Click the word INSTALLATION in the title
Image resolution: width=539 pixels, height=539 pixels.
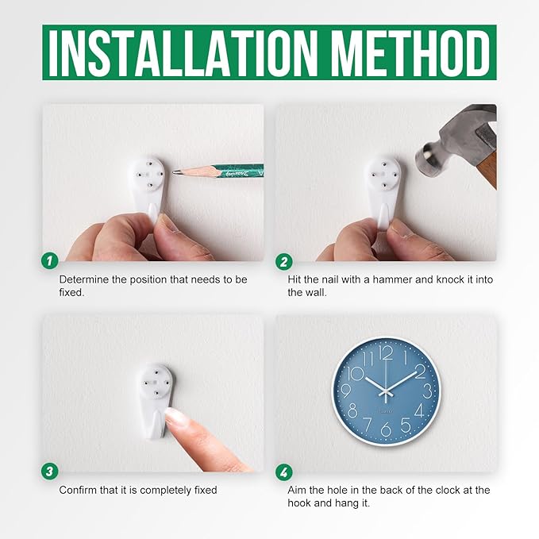pyautogui.click(x=183, y=53)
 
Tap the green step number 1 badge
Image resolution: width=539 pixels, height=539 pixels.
pyautogui.click(x=50, y=261)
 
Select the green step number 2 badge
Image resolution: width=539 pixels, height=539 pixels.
pyautogui.click(x=284, y=262)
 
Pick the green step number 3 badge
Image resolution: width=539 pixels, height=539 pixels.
pyautogui.click(x=50, y=471)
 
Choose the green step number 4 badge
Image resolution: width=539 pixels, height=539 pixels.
pyautogui.click(x=284, y=472)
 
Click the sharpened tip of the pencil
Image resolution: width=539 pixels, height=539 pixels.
pyautogui.click(x=174, y=171)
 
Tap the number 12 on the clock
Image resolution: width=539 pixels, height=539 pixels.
pyautogui.click(x=386, y=353)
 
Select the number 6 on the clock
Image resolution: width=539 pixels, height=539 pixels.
pyautogui.click(x=386, y=429)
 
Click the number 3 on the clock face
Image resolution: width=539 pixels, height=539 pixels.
pyautogui.click(x=427, y=391)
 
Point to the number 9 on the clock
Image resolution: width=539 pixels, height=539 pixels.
pyautogui.click(x=347, y=391)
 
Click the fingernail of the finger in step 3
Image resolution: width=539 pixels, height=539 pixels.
pyautogui.click(x=174, y=414)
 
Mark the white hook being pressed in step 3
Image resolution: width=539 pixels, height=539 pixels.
pyautogui.click(x=156, y=400)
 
